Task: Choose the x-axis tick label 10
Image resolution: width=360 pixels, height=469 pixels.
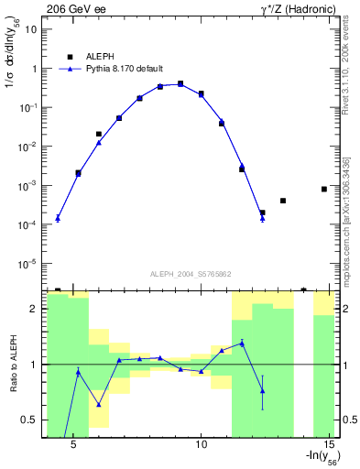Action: pyautogui.click(x=202, y=443)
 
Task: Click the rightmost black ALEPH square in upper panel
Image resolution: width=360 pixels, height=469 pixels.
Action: pyautogui.click(x=324, y=189)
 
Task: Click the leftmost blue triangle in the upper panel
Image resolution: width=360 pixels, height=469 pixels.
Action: pyautogui.click(x=58, y=218)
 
